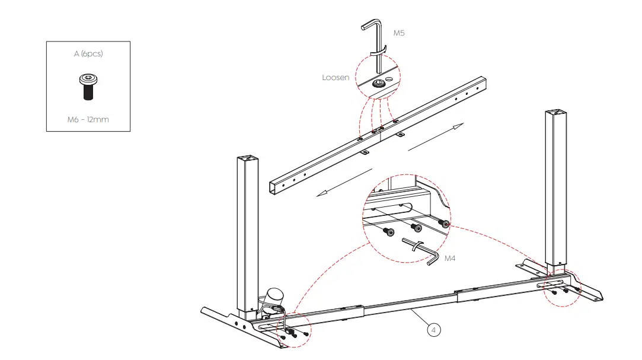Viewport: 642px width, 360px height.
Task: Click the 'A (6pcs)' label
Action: (88, 54)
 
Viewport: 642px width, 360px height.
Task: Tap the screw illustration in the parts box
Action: (88, 86)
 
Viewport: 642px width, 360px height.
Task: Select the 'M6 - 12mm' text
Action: (88, 119)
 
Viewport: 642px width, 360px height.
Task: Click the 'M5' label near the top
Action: (400, 33)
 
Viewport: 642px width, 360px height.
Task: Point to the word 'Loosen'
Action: (336, 78)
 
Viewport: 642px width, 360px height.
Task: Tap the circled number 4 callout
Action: (434, 330)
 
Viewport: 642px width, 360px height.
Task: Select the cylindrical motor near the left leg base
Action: (275, 295)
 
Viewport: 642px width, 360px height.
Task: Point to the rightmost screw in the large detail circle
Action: (444, 224)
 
